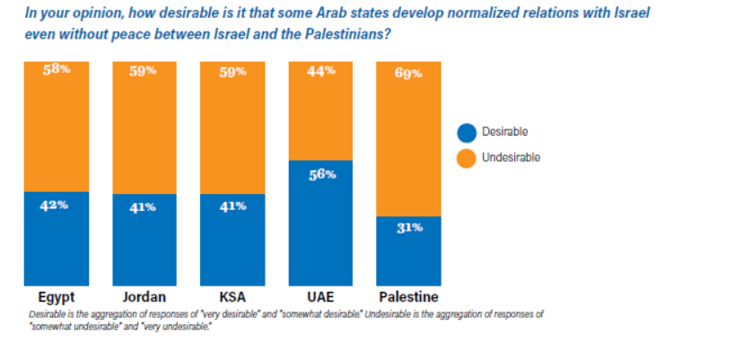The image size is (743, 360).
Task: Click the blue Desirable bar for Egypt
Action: point(57,238)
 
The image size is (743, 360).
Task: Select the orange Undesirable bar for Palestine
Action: point(408,138)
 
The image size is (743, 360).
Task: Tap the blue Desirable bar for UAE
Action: point(320,223)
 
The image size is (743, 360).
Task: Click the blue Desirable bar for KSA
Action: point(232,240)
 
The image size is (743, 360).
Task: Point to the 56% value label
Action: point(321,174)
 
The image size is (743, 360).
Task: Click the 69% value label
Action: point(408,74)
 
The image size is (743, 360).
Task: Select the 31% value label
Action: point(409,227)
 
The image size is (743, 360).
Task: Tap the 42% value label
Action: point(56,205)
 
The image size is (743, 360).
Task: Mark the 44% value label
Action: point(321,72)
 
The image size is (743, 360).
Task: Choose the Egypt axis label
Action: point(57,297)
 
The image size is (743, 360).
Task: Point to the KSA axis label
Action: point(232,297)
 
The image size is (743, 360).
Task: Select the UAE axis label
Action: point(320,297)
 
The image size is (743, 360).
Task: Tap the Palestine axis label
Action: point(408,297)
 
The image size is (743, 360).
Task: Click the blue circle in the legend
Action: point(467,132)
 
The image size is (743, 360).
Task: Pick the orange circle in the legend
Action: point(467,158)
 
